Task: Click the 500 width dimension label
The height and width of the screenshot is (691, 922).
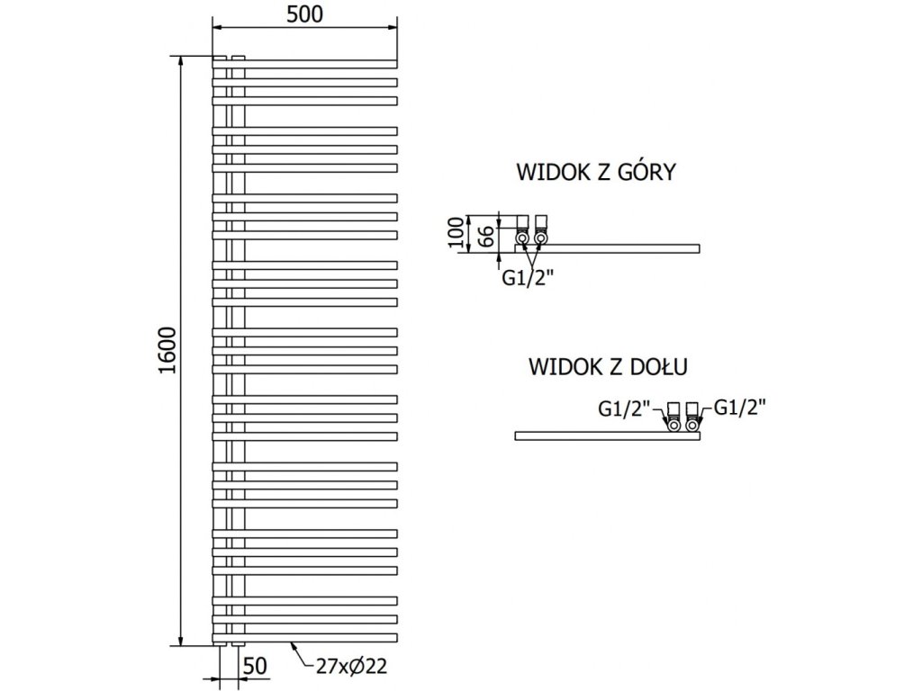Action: click(304, 13)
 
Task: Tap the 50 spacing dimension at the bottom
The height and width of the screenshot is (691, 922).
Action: click(256, 667)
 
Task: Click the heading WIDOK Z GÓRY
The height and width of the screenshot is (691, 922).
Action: click(594, 172)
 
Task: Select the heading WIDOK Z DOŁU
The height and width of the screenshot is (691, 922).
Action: click(609, 366)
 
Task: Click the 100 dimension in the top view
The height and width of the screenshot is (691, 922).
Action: click(455, 234)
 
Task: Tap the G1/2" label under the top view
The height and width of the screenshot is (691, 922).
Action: click(529, 277)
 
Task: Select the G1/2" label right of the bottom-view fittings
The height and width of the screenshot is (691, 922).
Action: click(738, 408)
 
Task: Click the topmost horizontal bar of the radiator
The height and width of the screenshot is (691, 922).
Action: click(306, 62)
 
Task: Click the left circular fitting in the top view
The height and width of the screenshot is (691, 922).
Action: click(521, 238)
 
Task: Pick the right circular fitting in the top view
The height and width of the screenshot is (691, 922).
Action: click(540, 238)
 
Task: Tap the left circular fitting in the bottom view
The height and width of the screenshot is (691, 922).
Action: click(673, 426)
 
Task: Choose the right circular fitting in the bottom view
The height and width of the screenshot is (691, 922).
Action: click(692, 426)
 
